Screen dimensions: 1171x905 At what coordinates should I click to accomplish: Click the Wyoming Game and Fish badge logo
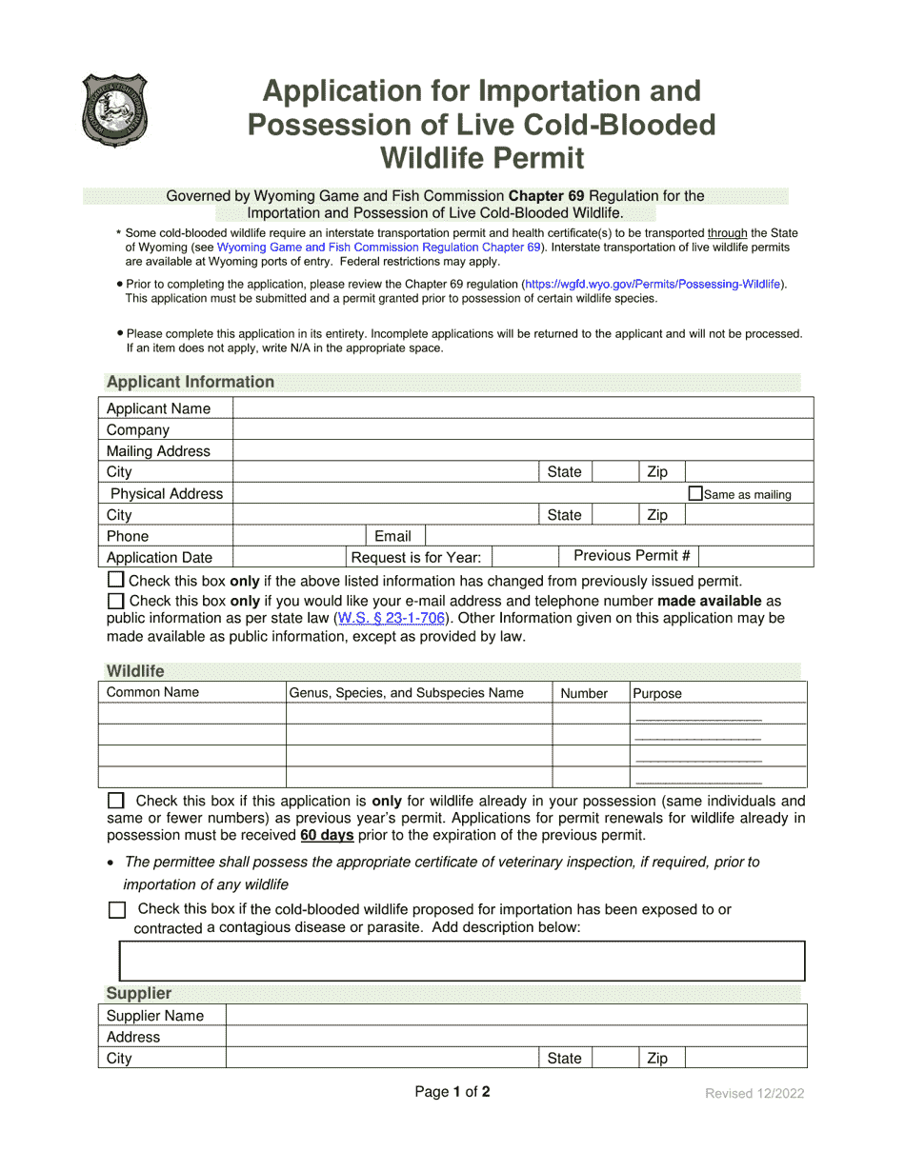pyautogui.click(x=114, y=110)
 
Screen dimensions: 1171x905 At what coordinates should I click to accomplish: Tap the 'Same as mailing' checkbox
pyautogui.click(x=695, y=493)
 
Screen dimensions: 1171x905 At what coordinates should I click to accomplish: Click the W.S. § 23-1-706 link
pyautogui.click(x=390, y=618)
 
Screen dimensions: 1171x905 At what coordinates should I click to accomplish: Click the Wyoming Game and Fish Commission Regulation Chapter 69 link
pyautogui.click(x=379, y=247)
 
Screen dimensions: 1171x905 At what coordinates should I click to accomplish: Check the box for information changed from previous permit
pyautogui.click(x=115, y=580)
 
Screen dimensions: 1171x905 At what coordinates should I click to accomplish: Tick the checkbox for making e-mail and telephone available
pyautogui.click(x=115, y=601)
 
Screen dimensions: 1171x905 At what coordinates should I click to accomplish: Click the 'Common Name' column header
pyautogui.click(x=152, y=692)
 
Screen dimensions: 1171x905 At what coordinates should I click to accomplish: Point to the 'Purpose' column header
pyautogui.click(x=657, y=693)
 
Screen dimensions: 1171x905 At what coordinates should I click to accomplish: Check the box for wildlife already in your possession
pyautogui.click(x=115, y=801)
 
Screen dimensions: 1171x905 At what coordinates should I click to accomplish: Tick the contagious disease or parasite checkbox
pyautogui.click(x=116, y=910)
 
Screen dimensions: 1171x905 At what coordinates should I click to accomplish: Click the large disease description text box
pyautogui.click(x=461, y=961)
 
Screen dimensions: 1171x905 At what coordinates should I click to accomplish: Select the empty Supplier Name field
pyautogui.click(x=515, y=1015)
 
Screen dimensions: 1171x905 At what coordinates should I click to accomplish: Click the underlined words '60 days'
pyautogui.click(x=327, y=835)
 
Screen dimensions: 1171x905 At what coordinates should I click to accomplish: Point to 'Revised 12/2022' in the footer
pyautogui.click(x=754, y=1093)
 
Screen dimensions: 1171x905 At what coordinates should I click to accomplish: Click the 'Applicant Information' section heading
pyautogui.click(x=191, y=382)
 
